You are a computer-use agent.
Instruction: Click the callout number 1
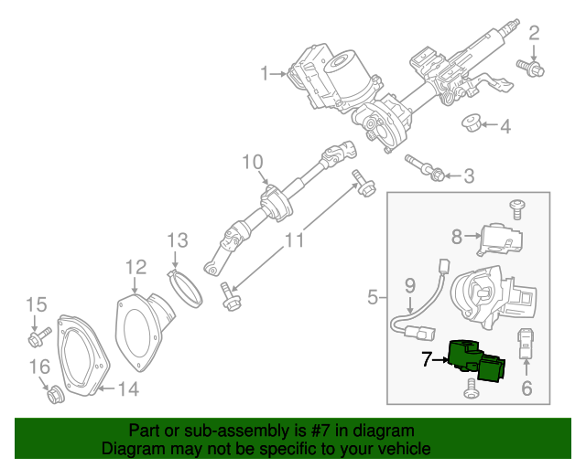pyautogui.click(x=265, y=73)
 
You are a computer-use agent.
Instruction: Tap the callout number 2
pyautogui.click(x=534, y=35)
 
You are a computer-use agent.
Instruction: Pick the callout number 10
pyautogui.click(x=253, y=163)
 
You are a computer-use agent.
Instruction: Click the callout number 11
pyautogui.click(x=293, y=241)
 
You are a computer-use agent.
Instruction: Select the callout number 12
pyautogui.click(x=136, y=267)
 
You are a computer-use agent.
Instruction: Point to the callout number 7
pyautogui.click(x=428, y=360)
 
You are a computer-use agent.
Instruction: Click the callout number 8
pyautogui.click(x=456, y=238)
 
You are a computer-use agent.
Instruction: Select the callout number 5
pyautogui.click(x=373, y=297)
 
